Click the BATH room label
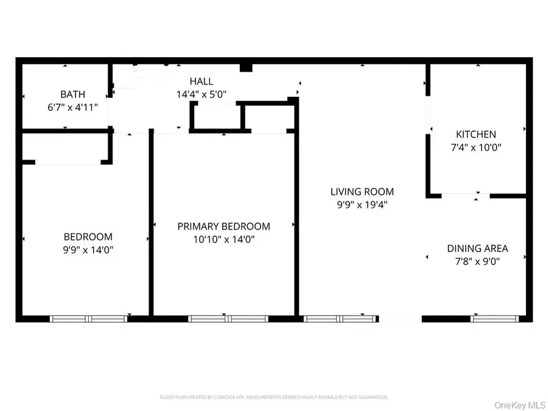72,94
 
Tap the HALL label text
201,81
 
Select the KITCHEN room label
476,134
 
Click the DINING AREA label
477,248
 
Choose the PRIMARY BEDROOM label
223,227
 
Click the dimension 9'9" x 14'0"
88,250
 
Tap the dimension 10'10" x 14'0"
223,239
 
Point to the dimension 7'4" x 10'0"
476,147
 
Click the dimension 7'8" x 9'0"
477,261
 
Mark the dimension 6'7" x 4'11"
72,107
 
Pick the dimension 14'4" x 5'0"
201,94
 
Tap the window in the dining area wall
495,318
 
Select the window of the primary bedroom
228,318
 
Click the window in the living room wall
341,318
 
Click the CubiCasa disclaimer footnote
273,397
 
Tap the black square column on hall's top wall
246,66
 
